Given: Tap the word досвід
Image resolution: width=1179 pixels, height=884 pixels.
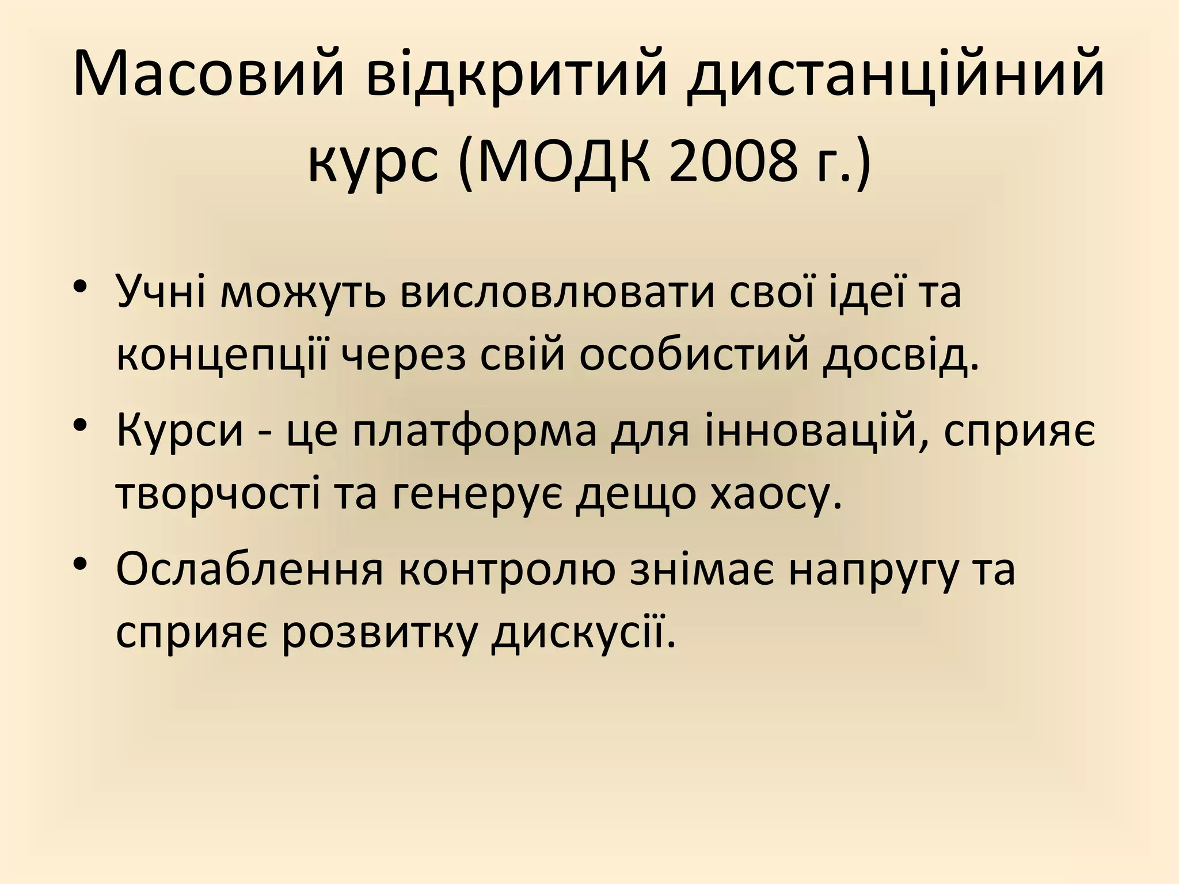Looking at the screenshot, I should coord(902,356).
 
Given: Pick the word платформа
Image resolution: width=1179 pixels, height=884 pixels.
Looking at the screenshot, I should coord(475,432).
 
